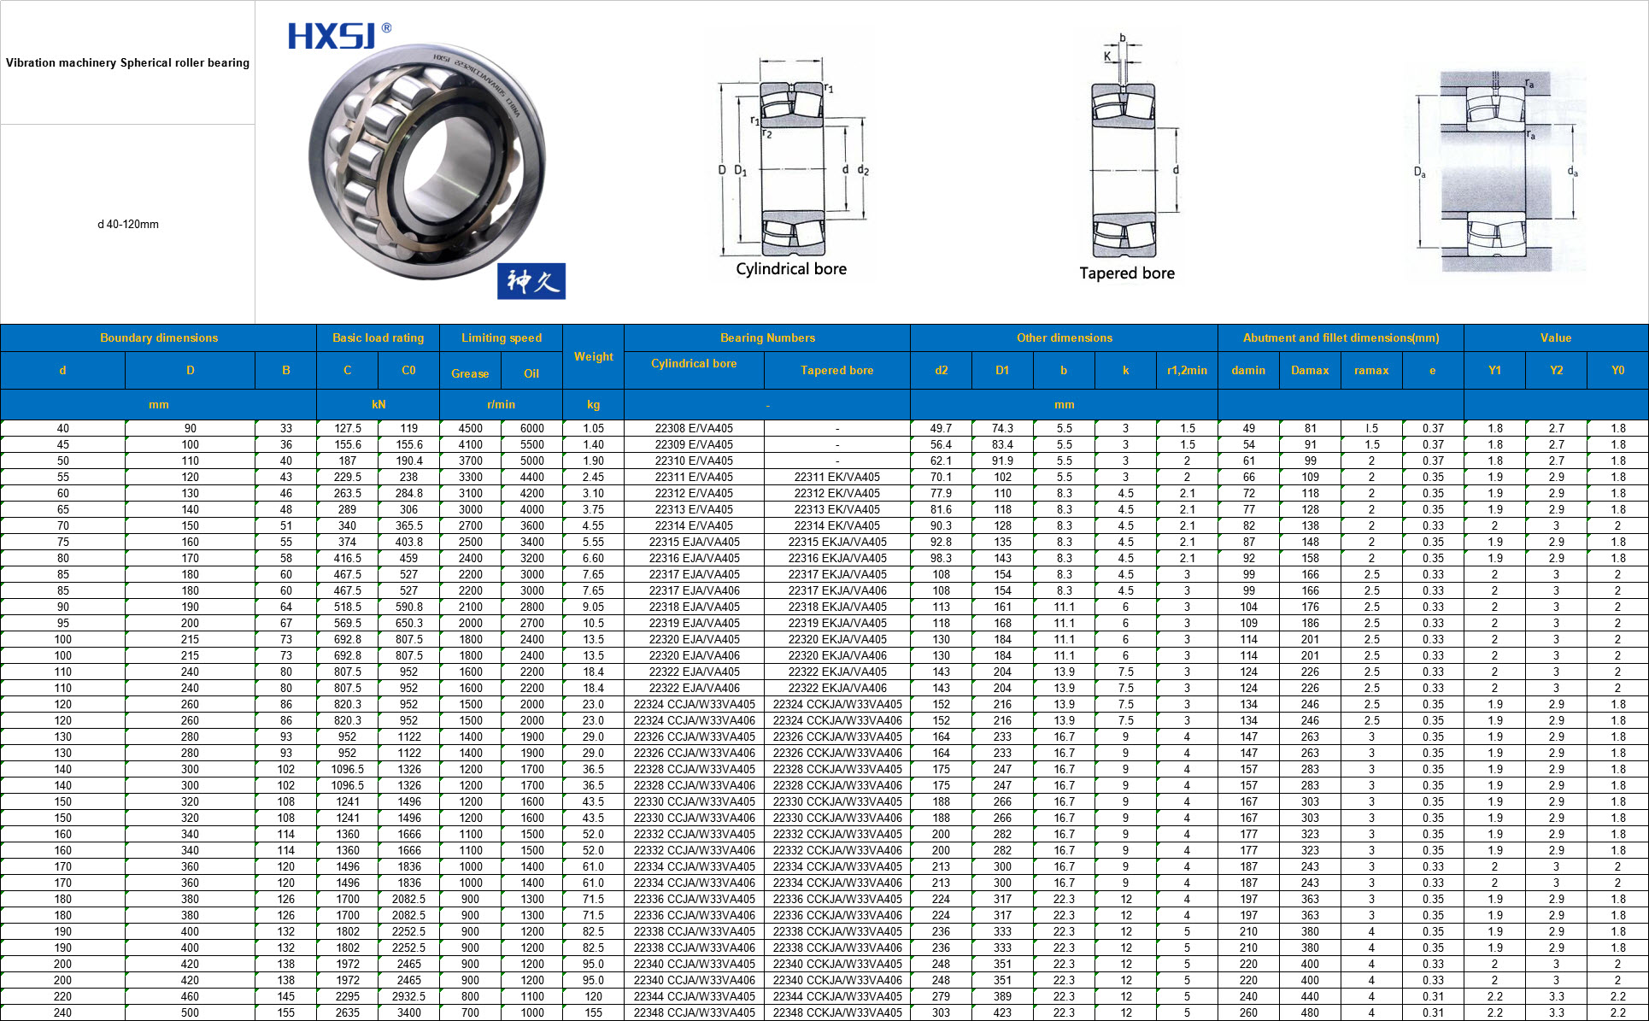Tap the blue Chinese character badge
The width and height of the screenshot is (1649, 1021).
[x=531, y=281]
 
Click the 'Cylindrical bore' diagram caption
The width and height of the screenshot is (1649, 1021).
[x=791, y=269]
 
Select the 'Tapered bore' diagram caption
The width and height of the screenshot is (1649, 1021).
[x=1127, y=273]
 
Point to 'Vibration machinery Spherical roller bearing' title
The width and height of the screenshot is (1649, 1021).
[x=127, y=62]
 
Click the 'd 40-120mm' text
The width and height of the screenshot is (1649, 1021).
[x=128, y=225]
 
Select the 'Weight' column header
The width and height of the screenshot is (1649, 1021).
[x=593, y=356]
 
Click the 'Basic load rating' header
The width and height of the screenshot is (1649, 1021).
[x=378, y=337]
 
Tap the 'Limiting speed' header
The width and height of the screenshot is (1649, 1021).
[x=502, y=337]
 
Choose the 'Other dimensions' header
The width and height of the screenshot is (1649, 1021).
[x=1065, y=337]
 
